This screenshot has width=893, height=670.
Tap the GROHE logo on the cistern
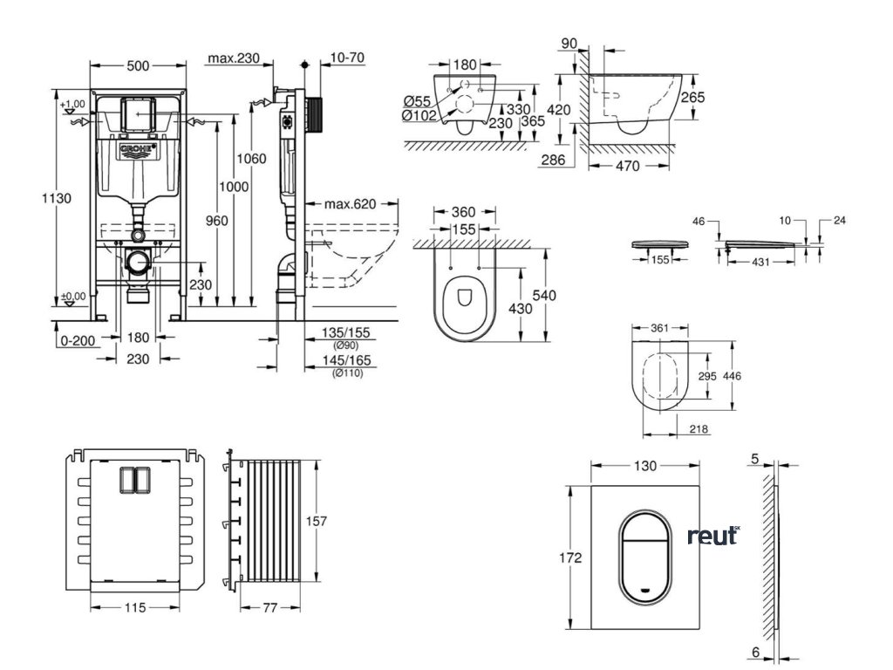139,151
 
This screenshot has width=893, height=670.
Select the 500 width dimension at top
139,65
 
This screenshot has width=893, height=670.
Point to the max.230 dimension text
234,58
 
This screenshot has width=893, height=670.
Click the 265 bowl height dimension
692,98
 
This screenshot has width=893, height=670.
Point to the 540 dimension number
544,296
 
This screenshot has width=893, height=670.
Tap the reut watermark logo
712,537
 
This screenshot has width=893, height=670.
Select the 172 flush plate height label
571,558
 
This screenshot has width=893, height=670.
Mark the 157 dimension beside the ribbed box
316,521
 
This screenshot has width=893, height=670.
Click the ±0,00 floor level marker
74,297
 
